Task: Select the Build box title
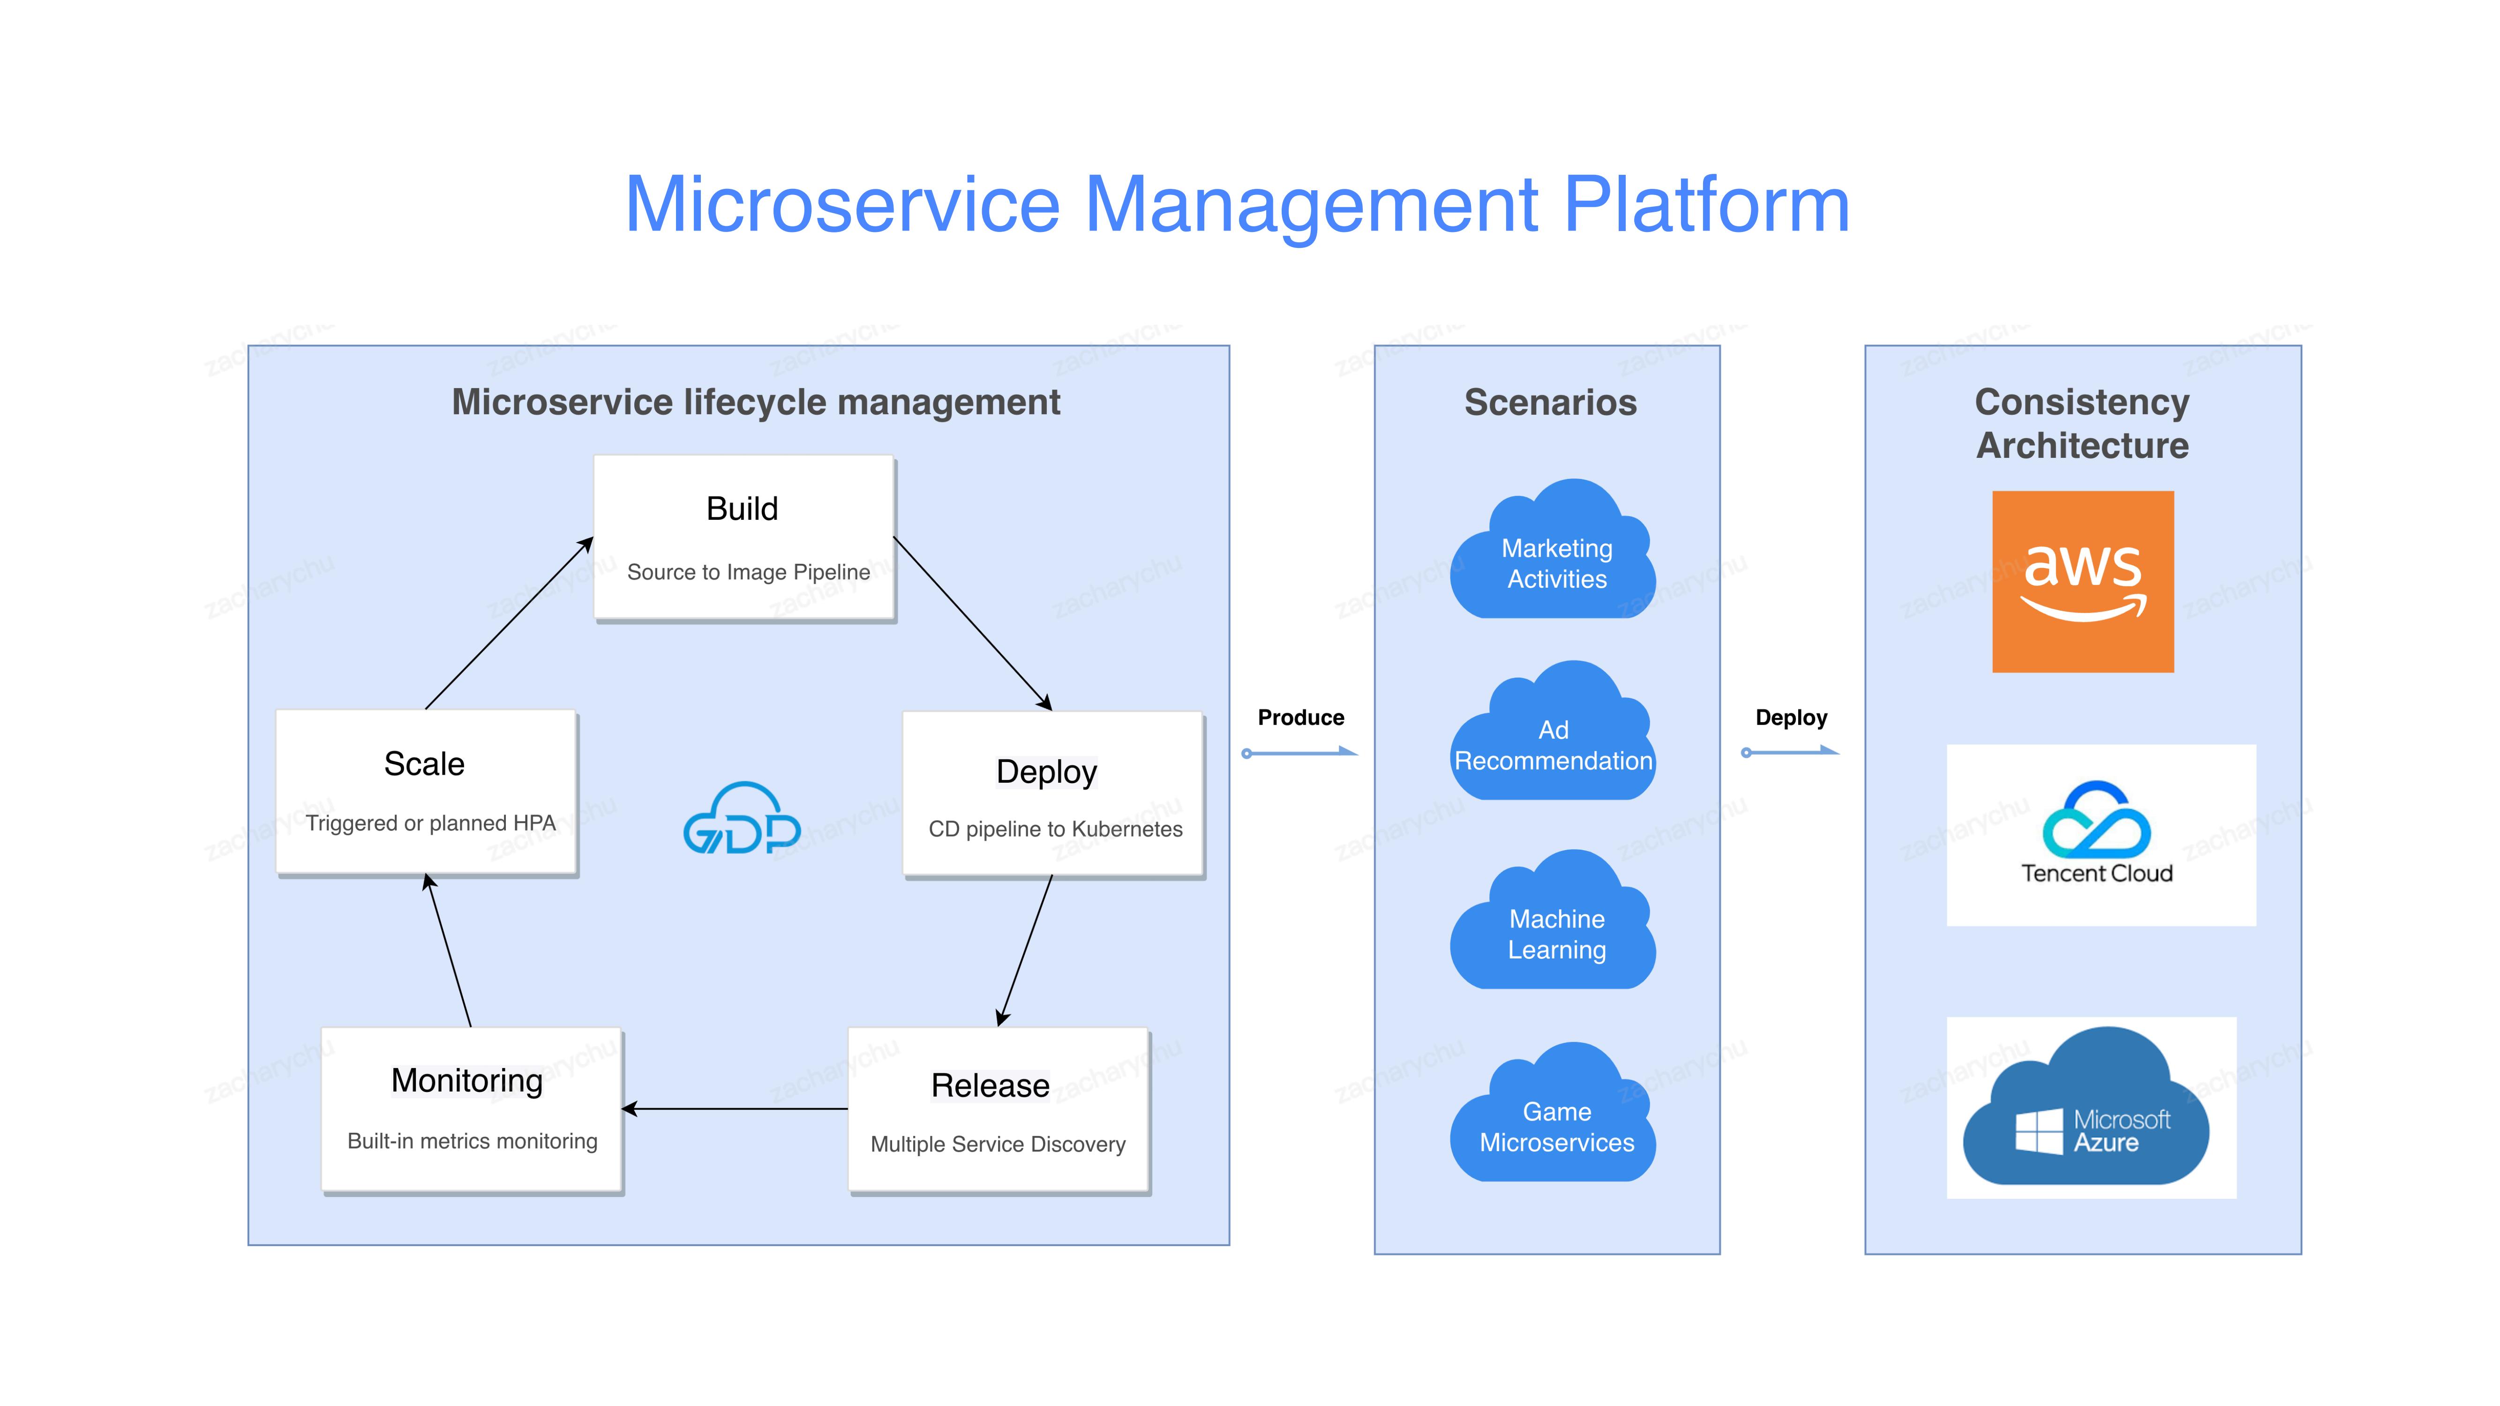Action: [743, 509]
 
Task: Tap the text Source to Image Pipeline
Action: [748, 573]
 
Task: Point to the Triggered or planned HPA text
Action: [430, 823]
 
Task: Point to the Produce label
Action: [1300, 718]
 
